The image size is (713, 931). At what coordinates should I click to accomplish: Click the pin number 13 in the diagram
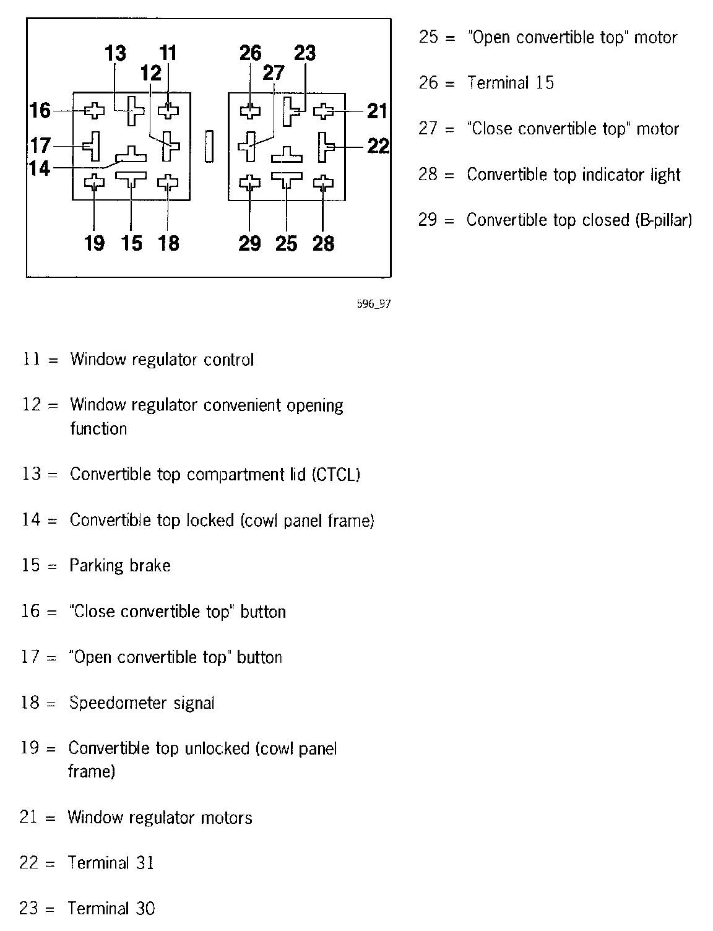[115, 53]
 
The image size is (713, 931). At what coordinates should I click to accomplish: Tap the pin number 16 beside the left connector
[40, 111]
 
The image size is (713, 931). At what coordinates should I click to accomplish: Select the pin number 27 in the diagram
[274, 73]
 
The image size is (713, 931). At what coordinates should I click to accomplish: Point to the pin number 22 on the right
[378, 146]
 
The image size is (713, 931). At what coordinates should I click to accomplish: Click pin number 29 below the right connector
[249, 243]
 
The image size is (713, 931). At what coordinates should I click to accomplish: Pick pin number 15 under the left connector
[132, 243]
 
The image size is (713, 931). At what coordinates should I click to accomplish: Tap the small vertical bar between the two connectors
[209, 145]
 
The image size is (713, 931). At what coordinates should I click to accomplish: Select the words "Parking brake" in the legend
[120, 566]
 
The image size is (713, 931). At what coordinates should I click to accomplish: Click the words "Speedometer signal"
[142, 703]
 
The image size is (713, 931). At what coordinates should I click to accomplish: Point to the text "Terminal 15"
[511, 83]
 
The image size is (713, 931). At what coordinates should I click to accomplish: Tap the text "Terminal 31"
[111, 863]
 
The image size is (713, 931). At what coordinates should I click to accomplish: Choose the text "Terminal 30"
[111, 909]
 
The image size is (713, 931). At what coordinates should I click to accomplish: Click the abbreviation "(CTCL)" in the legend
[336, 475]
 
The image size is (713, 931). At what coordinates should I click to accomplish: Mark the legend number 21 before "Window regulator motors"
[29, 818]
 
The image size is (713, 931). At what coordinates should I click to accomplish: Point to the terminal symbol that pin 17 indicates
[93, 145]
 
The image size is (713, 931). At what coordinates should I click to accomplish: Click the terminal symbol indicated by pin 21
[323, 111]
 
